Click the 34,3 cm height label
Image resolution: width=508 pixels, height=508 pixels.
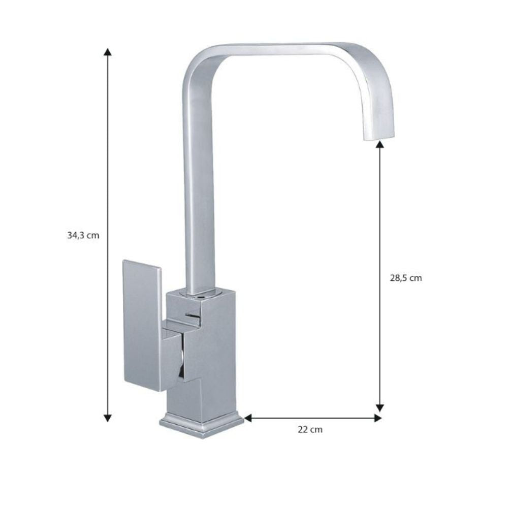(83, 235)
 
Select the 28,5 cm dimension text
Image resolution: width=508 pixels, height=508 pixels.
(406, 278)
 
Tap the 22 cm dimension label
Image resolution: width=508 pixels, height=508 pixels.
(310, 430)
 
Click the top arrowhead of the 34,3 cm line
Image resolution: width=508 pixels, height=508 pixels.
(107, 52)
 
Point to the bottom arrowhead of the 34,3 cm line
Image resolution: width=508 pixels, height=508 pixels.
(107, 418)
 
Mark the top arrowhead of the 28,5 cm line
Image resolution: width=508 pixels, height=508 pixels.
(379, 145)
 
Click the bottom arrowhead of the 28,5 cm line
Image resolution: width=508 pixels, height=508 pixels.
(379, 407)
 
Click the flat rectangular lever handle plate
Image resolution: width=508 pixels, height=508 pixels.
(142, 325)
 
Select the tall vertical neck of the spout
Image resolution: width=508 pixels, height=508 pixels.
(199, 193)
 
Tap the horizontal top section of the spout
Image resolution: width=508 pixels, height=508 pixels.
(284, 50)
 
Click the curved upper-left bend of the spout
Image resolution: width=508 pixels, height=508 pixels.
(196, 63)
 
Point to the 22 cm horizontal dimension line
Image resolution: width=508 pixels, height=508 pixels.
(312, 418)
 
